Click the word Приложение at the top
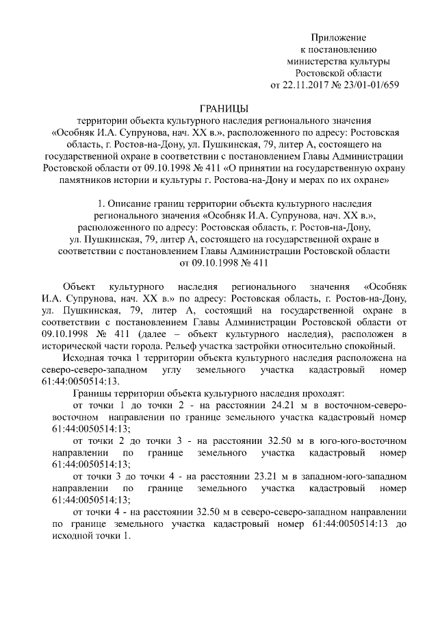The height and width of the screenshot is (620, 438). (339, 36)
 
